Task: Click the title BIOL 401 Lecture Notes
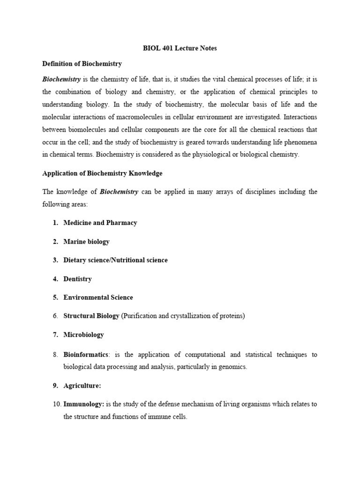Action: pyautogui.click(x=180, y=48)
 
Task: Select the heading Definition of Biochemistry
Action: pyautogui.click(x=82, y=63)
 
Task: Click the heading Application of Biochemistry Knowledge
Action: pyautogui.click(x=102, y=173)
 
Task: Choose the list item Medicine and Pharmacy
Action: pyautogui.click(x=100, y=223)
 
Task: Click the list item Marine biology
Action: pyautogui.click(x=86, y=241)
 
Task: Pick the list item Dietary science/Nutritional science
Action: pyautogui.click(x=115, y=260)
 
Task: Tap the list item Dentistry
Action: pyautogui.click(x=77, y=279)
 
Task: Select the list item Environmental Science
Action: pyautogui.click(x=98, y=297)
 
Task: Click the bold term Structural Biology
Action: pyautogui.click(x=91, y=316)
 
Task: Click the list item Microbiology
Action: pyautogui.click(x=84, y=335)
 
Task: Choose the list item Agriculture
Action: pyautogui.click(x=82, y=386)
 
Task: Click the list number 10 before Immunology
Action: pyautogui.click(x=56, y=404)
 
